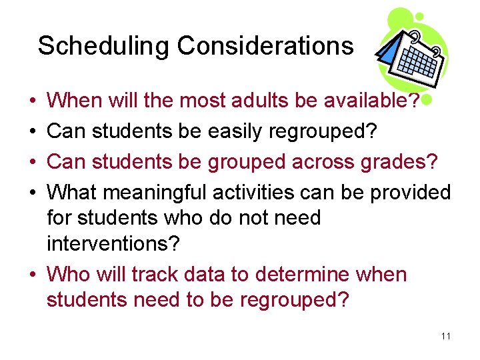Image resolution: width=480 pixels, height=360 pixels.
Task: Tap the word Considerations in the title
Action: [265, 46]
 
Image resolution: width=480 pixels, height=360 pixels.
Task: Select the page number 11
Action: [446, 336]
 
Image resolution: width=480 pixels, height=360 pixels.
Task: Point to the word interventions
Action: [113, 243]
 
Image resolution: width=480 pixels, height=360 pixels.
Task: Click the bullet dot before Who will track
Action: [33, 275]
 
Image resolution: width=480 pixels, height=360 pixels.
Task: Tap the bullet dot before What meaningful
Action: [33, 193]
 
